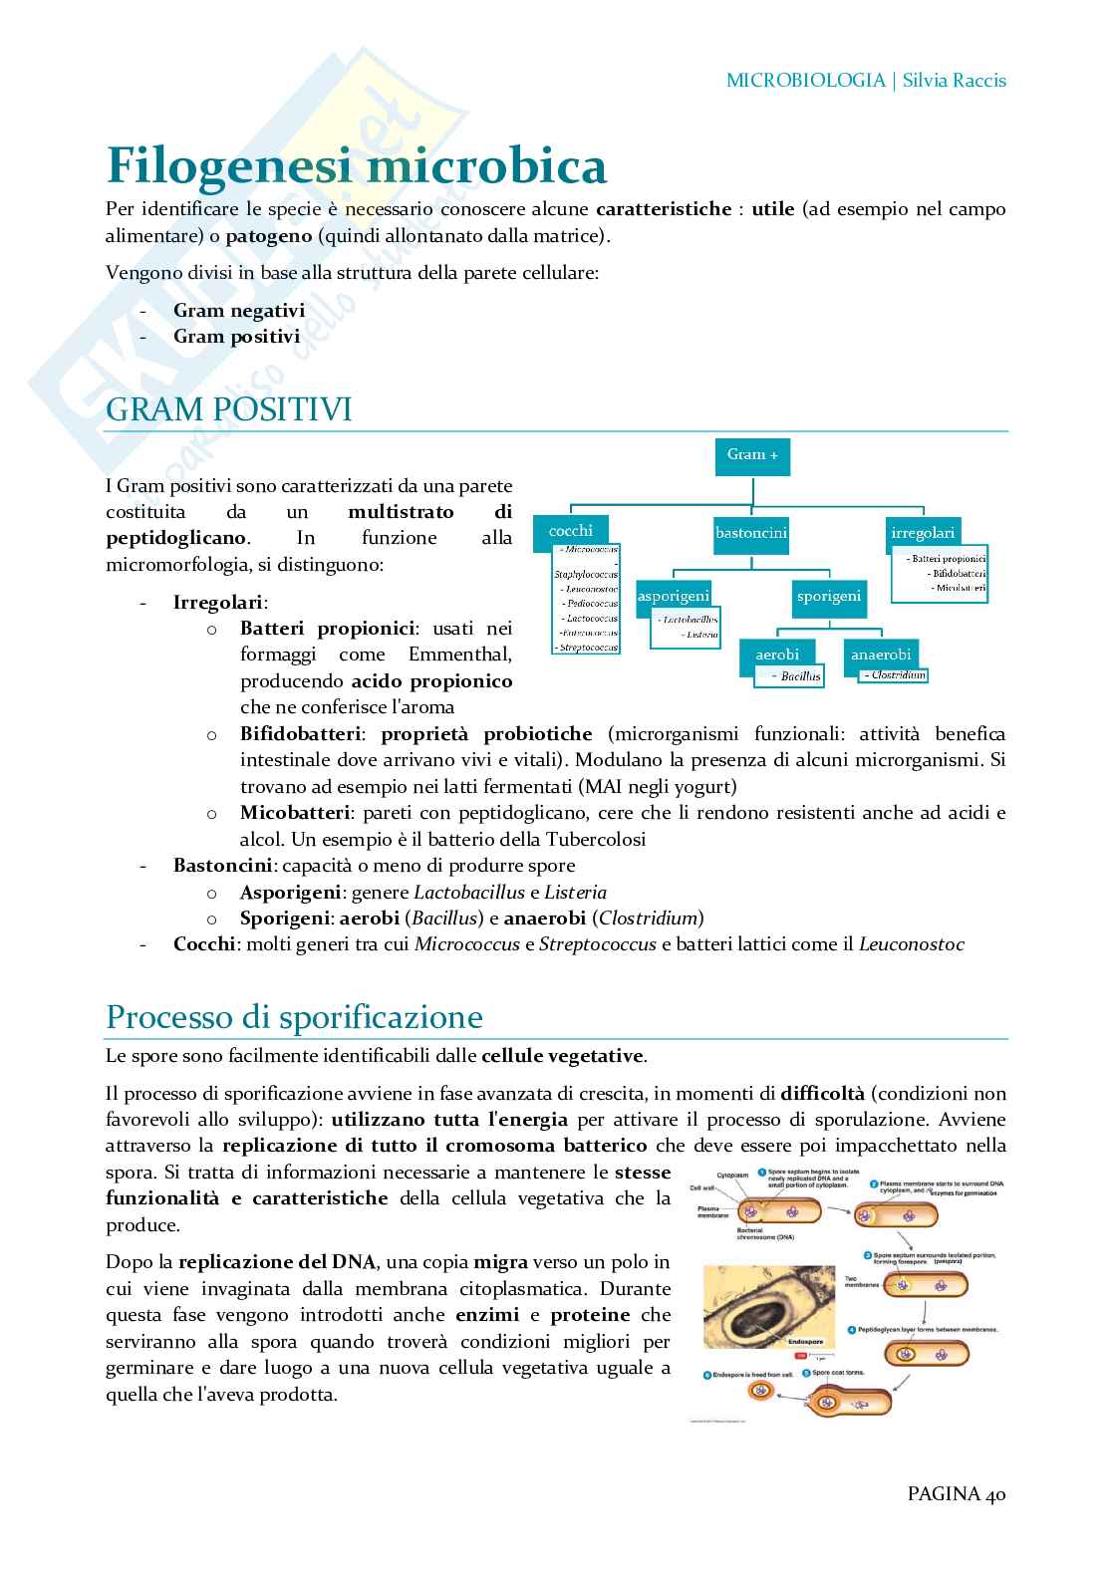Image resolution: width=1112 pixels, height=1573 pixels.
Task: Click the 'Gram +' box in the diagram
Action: [752, 454]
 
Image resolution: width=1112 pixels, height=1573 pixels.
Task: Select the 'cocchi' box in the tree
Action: [571, 530]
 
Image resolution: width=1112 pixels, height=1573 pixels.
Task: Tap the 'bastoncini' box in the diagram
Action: [751, 533]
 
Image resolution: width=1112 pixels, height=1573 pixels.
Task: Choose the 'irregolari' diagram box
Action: [923, 533]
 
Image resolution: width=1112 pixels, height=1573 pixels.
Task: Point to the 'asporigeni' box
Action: [674, 596]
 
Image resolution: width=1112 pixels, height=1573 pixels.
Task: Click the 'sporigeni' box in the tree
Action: [828, 596]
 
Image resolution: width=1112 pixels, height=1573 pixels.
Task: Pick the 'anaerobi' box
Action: [881, 655]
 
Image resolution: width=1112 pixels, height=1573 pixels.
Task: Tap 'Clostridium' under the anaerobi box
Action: [895, 675]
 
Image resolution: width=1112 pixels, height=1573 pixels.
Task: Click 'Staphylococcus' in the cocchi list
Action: [586, 575]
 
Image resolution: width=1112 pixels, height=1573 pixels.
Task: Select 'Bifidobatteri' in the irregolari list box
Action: [958, 574]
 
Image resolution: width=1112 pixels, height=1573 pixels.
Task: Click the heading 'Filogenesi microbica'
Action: [356, 165]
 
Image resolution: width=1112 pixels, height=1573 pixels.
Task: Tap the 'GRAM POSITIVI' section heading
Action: [228, 409]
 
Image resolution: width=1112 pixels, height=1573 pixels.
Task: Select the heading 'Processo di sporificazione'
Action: [294, 1017]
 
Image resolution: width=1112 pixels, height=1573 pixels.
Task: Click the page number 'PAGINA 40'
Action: [956, 1493]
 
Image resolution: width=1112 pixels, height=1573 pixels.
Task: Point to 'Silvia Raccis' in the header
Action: [954, 81]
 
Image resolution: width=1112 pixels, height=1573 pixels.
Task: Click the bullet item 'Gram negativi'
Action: [239, 310]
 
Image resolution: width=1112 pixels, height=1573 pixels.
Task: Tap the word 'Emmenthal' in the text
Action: [460, 655]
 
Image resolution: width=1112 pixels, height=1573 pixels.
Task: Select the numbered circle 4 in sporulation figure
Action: [852, 1330]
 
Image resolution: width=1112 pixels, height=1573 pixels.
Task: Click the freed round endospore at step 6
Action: [760, 1391]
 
